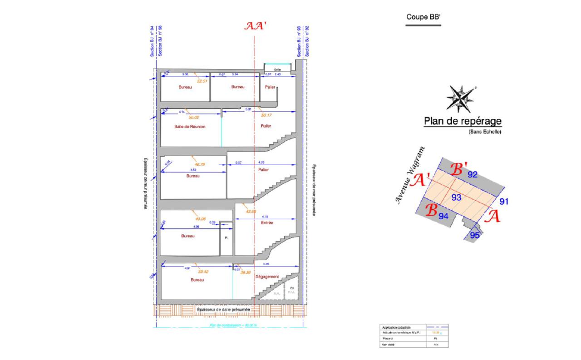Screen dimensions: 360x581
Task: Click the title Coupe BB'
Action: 423,17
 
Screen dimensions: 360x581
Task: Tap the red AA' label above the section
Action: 255,26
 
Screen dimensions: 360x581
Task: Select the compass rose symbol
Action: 461,99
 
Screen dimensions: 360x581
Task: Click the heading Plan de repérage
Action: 462,121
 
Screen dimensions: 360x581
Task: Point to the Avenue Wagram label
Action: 410,176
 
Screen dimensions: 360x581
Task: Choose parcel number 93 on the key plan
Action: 456,197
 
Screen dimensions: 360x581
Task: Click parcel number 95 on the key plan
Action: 475,235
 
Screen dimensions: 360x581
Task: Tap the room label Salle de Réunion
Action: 190,127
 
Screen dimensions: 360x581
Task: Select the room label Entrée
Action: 266,223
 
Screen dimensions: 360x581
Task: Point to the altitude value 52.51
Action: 202,81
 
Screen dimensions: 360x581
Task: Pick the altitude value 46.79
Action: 200,164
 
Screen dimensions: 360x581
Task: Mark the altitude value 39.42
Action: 202,272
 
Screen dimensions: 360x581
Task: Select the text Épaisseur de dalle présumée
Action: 223,310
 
